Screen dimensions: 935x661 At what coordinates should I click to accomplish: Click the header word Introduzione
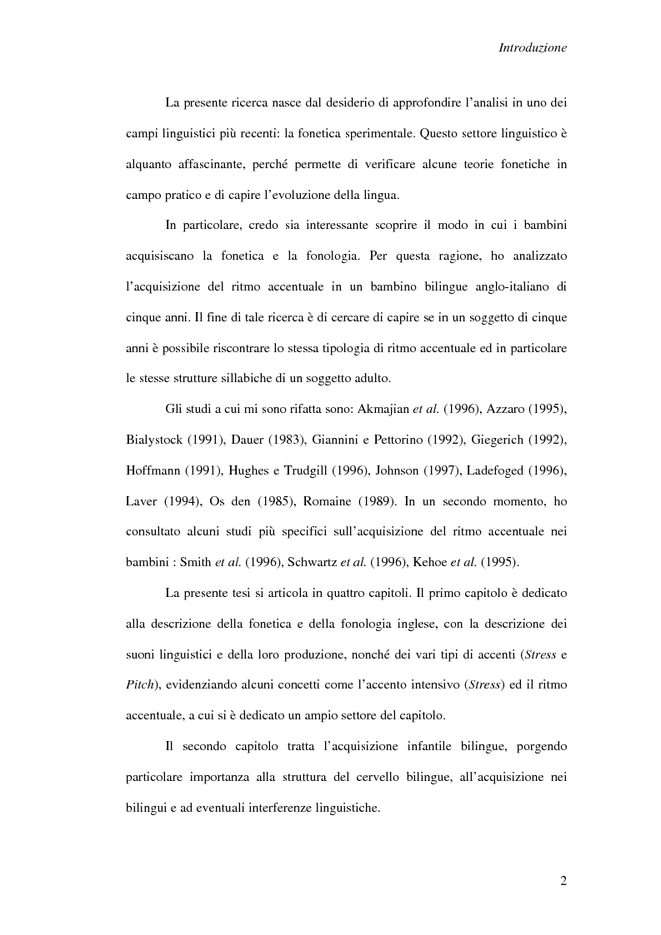(x=533, y=48)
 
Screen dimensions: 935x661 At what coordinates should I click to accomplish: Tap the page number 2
(x=563, y=882)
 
